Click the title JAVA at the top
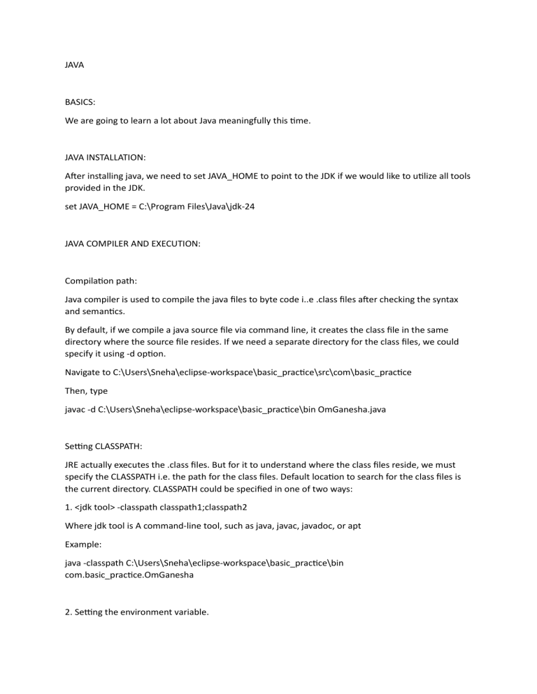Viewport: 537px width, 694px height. click(74, 65)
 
